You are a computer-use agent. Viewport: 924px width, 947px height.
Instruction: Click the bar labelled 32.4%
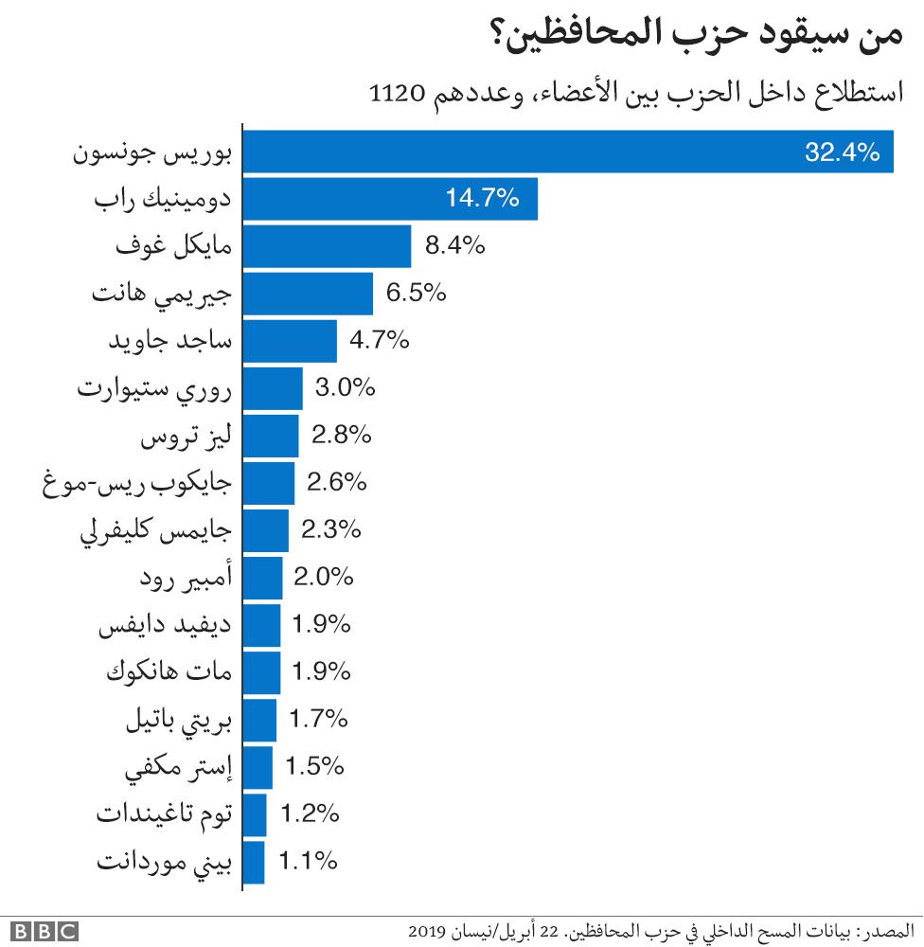[568, 152]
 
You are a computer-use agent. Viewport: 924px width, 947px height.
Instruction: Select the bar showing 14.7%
[391, 199]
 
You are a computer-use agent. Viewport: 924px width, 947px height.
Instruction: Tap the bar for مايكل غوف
[328, 246]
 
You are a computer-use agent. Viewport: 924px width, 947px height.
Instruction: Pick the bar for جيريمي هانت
[309, 294]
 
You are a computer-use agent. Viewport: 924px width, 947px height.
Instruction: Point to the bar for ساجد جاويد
[291, 341]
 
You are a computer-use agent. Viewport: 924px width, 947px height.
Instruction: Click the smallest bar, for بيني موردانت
[255, 862]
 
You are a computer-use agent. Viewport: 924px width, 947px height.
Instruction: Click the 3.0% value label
[346, 388]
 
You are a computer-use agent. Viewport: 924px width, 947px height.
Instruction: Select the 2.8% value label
[341, 436]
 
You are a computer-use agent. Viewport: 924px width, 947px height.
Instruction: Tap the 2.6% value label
[337, 483]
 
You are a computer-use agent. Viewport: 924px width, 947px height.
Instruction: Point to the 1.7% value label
[319, 720]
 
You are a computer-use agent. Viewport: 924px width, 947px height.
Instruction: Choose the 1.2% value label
[310, 814]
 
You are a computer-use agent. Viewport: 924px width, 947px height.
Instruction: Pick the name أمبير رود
[185, 579]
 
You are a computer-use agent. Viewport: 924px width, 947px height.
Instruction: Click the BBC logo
[44, 932]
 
